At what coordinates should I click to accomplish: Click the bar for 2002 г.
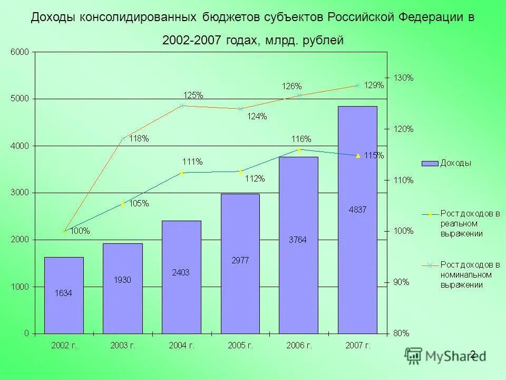pyautogui.click(x=64, y=296)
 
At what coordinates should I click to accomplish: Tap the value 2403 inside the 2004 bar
pyautogui.click(x=181, y=272)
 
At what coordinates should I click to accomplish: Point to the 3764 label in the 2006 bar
pyautogui.click(x=297, y=240)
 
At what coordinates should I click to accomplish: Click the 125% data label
pyautogui.click(x=193, y=95)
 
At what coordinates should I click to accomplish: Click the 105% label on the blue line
pyautogui.click(x=139, y=204)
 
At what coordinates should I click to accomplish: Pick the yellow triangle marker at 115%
pyautogui.click(x=358, y=156)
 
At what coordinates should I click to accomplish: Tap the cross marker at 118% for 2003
pyautogui.click(x=123, y=139)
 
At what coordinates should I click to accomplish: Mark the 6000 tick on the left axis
pyautogui.click(x=20, y=52)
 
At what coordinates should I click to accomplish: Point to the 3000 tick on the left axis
pyautogui.click(x=20, y=193)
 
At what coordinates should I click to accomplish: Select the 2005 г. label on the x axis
pyautogui.click(x=240, y=346)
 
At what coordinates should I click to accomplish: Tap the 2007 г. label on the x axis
pyautogui.click(x=358, y=346)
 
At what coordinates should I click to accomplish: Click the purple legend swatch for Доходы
pyautogui.click(x=430, y=163)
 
